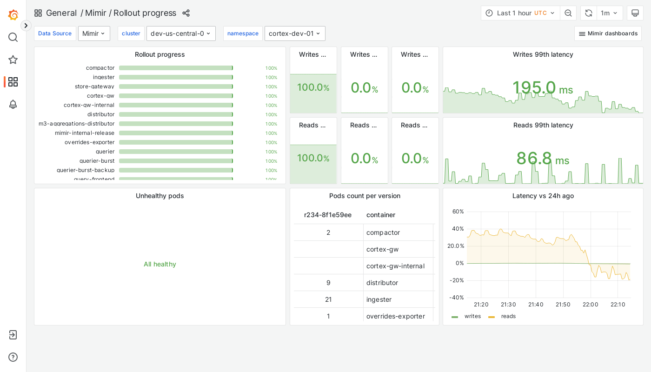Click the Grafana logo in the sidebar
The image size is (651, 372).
coord(13,15)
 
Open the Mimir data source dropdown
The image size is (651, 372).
coord(94,33)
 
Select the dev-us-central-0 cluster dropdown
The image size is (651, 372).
coord(181,33)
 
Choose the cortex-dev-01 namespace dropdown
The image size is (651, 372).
coord(295,33)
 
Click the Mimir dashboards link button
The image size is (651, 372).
coord(608,33)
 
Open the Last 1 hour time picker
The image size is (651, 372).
coord(520,13)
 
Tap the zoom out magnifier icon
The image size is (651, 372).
coord(568,13)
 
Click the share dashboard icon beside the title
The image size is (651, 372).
coord(186,13)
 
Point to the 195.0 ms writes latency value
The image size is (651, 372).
coord(542,88)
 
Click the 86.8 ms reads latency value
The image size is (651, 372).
coord(542,159)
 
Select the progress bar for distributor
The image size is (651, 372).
coord(176,114)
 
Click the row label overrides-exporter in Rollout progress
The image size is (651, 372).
coord(90,142)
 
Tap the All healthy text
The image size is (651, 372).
coord(160,264)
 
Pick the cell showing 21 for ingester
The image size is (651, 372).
coord(328,299)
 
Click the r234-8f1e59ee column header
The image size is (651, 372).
coord(328,215)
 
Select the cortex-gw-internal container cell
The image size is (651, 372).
coord(395,266)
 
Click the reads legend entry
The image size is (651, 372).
coord(508,316)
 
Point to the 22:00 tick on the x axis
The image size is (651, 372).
coord(591,305)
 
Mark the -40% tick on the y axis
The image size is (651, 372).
coord(456,298)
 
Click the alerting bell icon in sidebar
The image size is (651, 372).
coord(13,104)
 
